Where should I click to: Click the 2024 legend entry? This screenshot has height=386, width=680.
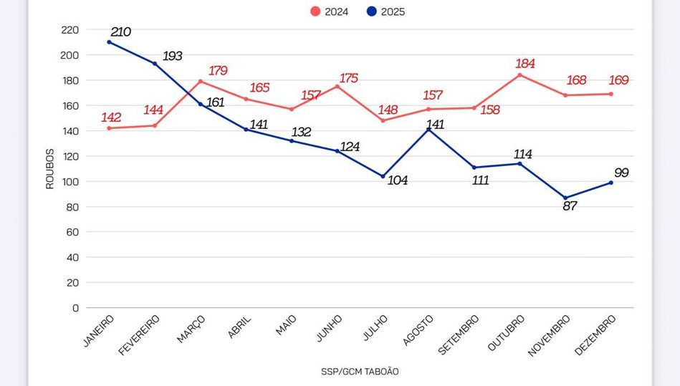(330, 11)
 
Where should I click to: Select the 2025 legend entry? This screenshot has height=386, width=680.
(386, 11)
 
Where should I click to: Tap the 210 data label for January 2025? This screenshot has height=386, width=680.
(121, 32)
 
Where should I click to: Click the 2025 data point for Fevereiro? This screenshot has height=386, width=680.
(155, 64)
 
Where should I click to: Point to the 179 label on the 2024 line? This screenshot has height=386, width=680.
(218, 71)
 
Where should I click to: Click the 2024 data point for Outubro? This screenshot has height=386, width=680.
(519, 74)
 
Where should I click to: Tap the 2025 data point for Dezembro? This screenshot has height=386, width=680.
(611, 183)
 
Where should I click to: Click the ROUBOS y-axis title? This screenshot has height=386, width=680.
(50, 168)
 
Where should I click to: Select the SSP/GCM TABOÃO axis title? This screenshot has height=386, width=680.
(360, 372)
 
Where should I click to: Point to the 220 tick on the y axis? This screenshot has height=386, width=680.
(70, 30)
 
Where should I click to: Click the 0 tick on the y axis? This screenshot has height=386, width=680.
(75, 308)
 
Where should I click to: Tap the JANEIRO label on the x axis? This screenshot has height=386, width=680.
(99, 330)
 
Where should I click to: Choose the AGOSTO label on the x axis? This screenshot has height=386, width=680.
(418, 329)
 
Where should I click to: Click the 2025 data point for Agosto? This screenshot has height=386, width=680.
(429, 130)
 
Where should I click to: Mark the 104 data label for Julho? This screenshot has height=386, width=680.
(397, 180)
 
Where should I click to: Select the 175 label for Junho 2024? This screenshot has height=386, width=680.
(348, 78)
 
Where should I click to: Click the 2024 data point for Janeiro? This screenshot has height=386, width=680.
(109, 128)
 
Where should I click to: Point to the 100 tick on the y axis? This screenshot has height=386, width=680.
(70, 182)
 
